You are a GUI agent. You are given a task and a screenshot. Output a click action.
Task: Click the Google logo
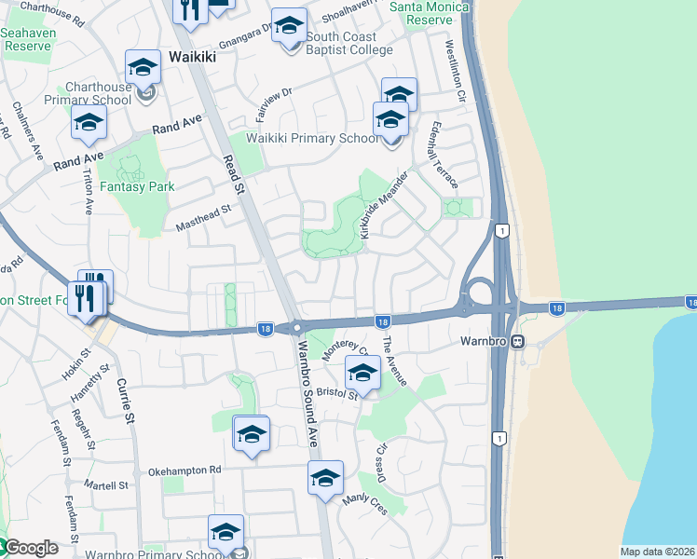click(x=30, y=549)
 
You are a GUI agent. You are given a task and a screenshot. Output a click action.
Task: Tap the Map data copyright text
click(x=657, y=552)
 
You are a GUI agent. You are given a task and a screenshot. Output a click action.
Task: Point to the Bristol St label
click(x=336, y=394)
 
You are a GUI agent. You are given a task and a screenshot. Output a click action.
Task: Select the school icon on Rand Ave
click(x=89, y=123)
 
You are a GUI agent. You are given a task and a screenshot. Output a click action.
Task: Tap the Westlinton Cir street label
click(x=455, y=70)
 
